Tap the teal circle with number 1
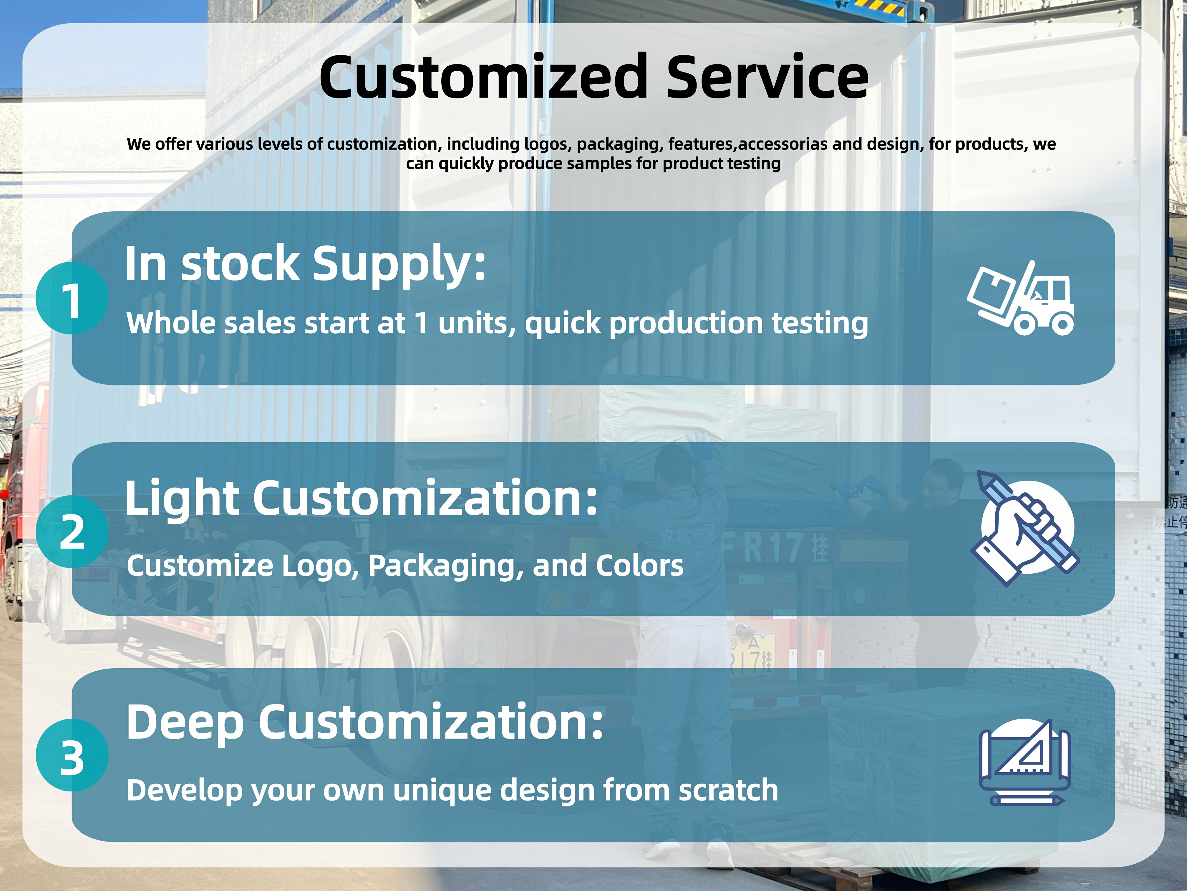click(72, 298)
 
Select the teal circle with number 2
click(72, 532)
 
